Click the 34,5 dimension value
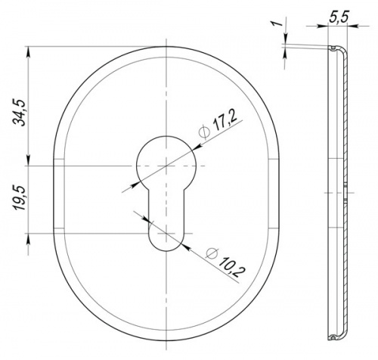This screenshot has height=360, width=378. [20, 113]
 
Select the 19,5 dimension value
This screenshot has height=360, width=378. [20, 198]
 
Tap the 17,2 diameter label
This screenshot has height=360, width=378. [225, 121]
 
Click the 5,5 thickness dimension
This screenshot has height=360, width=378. [339, 17]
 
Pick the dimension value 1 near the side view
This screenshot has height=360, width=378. [277, 23]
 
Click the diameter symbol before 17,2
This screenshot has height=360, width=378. [205, 132]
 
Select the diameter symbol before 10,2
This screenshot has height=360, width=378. [212, 253]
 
